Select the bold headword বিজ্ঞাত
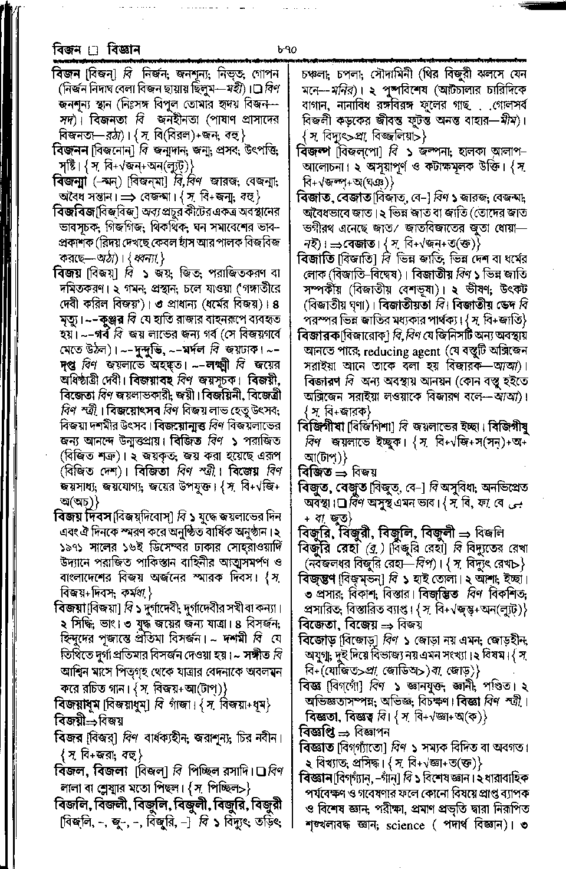[x=317, y=747]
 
